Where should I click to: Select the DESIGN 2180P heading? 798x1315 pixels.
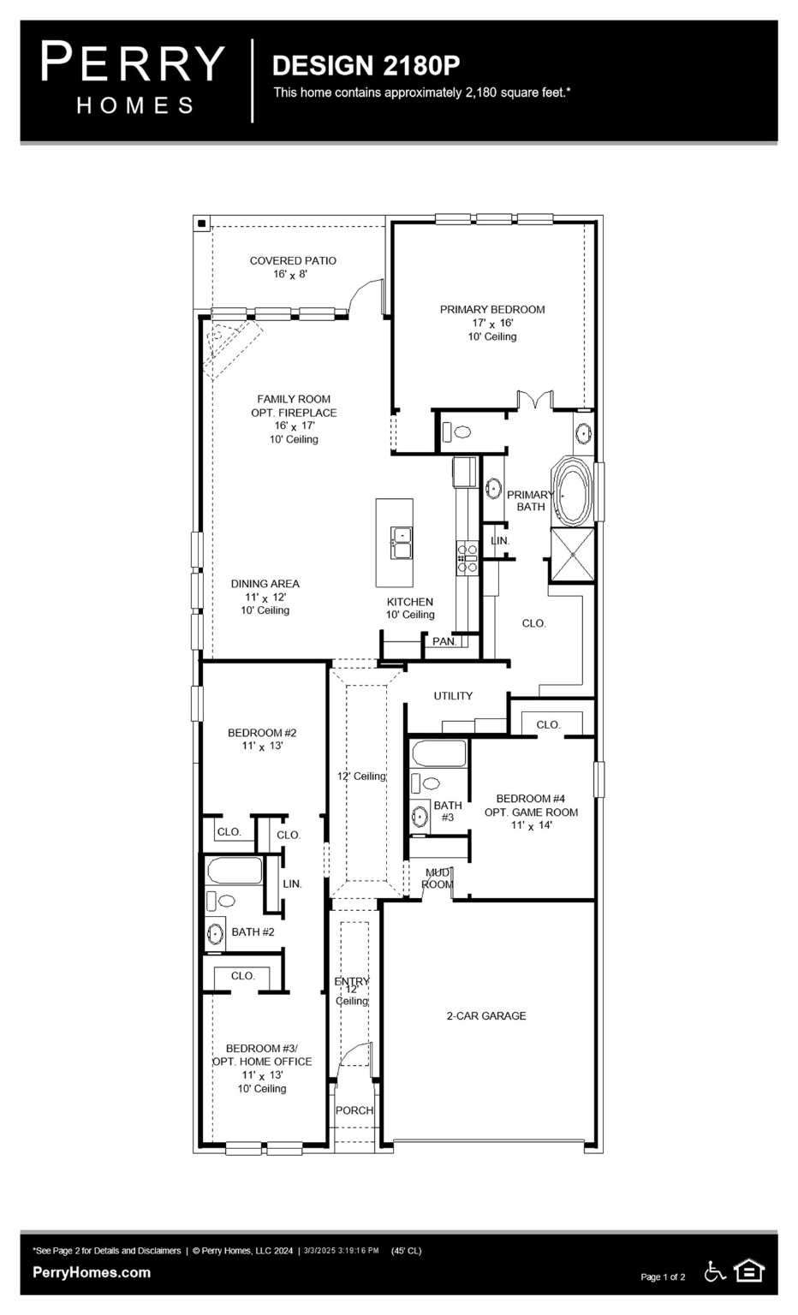pos(366,65)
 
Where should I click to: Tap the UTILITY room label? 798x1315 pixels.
pos(452,696)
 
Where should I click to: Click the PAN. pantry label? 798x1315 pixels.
pos(444,641)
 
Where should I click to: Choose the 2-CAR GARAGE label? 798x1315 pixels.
pos(485,1016)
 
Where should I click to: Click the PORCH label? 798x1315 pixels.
pos(354,1110)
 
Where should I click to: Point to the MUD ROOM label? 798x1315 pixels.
pos(438,878)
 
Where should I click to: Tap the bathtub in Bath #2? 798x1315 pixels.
pos(234,871)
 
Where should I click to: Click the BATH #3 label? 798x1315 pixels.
pos(447,811)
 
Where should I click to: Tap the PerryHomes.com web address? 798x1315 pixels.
pos(92,1272)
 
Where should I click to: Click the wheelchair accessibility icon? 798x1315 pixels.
pos(715,1271)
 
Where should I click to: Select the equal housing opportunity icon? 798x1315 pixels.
pos(749,1271)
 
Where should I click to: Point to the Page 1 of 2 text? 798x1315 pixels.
pos(663,1277)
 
